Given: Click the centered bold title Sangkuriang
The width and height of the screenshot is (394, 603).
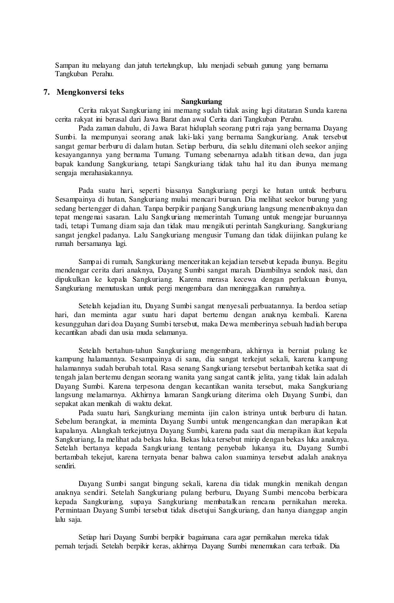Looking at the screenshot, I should click(x=202, y=102).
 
